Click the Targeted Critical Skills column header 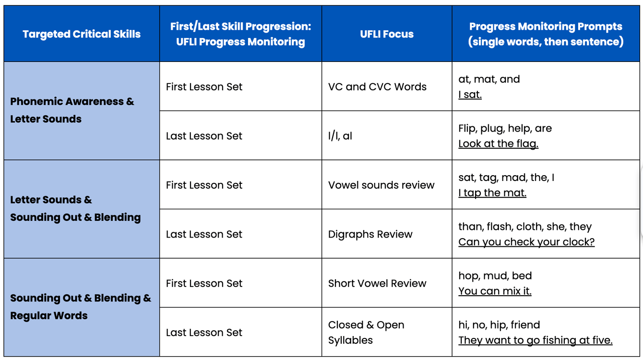pyautogui.click(x=82, y=34)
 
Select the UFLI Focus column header pyautogui.click(x=387, y=34)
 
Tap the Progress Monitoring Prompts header pyautogui.click(x=546, y=34)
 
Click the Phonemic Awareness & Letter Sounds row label pyautogui.click(x=72, y=110)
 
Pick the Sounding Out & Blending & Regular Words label pyautogui.click(x=80, y=307)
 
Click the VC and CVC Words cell pyautogui.click(x=377, y=87)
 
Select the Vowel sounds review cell pyautogui.click(x=381, y=185)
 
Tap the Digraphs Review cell pyautogui.click(x=370, y=234)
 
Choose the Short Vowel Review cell pyautogui.click(x=377, y=284)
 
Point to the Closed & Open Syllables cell pyautogui.click(x=366, y=332)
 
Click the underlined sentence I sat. pyautogui.click(x=470, y=95)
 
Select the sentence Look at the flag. pyautogui.click(x=498, y=144)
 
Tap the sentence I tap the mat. pyautogui.click(x=492, y=193)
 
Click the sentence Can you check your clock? pyautogui.click(x=526, y=242)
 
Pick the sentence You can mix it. pyautogui.click(x=495, y=291)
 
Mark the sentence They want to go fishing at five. pyautogui.click(x=536, y=340)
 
